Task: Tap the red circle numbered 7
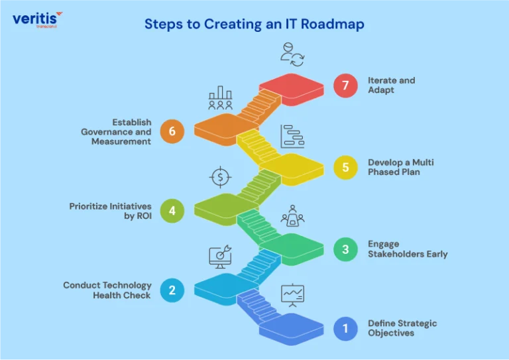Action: coord(345,86)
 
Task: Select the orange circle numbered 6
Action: coord(172,131)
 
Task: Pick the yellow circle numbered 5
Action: coord(345,167)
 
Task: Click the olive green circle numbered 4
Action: coord(172,211)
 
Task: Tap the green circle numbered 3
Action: coord(345,249)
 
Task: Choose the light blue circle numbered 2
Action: coord(172,290)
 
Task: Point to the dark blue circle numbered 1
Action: coord(345,329)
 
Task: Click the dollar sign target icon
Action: coord(220,177)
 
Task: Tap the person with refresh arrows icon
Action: coord(292,54)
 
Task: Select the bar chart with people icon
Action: coord(221,97)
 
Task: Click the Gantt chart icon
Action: coord(292,137)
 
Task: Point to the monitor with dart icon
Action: coord(220,257)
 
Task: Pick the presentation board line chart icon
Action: coord(292,295)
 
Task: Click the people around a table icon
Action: coord(292,215)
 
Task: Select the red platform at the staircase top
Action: coord(292,89)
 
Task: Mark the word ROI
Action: coord(144,216)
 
